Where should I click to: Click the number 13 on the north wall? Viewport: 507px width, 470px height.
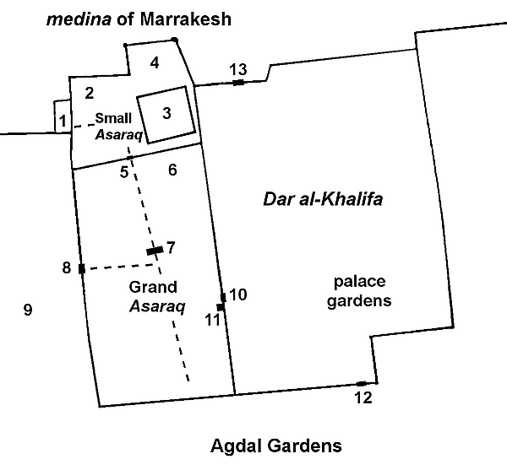pyautogui.click(x=238, y=69)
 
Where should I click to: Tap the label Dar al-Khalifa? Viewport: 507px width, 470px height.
pyautogui.click(x=323, y=199)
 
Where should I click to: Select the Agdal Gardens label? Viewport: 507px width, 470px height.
pyautogui.click(x=276, y=446)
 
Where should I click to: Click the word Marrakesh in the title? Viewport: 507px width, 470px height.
pyautogui.click(x=186, y=19)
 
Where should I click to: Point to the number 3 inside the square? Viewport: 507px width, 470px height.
pyautogui.click(x=166, y=113)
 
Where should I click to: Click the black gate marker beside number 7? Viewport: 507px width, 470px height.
pyautogui.click(x=155, y=251)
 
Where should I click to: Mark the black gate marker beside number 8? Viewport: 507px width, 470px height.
pyautogui.click(x=82, y=268)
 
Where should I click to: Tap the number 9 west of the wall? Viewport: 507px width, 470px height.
pyautogui.click(x=28, y=310)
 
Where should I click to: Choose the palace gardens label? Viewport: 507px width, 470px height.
pyautogui.click(x=359, y=291)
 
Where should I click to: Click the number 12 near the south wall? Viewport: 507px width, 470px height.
pyautogui.click(x=363, y=397)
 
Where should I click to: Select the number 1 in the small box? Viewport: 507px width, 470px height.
pyautogui.click(x=63, y=122)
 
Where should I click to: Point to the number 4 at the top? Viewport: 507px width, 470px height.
pyautogui.click(x=155, y=63)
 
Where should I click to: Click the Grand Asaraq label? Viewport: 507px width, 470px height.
pyautogui.click(x=157, y=297)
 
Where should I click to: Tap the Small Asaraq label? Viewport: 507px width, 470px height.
pyautogui.click(x=119, y=127)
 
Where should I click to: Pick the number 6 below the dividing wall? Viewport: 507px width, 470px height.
pyautogui.click(x=172, y=170)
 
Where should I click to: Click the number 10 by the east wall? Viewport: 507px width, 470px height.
pyautogui.click(x=238, y=294)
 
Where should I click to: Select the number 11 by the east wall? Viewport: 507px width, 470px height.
pyautogui.click(x=213, y=320)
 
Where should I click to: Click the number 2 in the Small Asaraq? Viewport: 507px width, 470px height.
pyautogui.click(x=90, y=94)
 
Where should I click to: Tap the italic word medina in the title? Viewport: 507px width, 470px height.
pyautogui.click(x=79, y=19)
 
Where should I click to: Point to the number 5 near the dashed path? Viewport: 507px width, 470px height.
pyautogui.click(x=124, y=172)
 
